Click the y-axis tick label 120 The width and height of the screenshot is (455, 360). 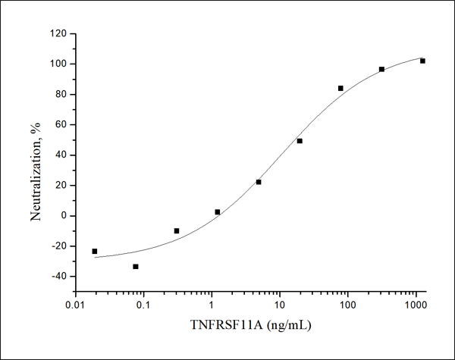56,33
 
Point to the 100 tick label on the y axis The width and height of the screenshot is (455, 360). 56,64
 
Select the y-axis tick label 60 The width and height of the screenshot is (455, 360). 59,124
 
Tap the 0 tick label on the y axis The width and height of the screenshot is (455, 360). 62,215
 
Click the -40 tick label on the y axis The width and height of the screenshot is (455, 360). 57,276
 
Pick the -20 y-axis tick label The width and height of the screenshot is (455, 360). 57,246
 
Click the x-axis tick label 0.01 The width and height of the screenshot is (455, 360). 75,305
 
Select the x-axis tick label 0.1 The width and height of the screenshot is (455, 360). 143,305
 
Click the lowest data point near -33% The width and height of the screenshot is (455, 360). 136,267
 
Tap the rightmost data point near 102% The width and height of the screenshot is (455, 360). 422,61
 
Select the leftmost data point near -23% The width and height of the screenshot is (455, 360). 95,251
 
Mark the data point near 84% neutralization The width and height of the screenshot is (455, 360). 340,88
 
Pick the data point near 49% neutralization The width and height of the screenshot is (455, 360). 300,141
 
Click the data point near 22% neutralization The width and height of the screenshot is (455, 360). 259,182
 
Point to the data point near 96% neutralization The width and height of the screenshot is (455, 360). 381,69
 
